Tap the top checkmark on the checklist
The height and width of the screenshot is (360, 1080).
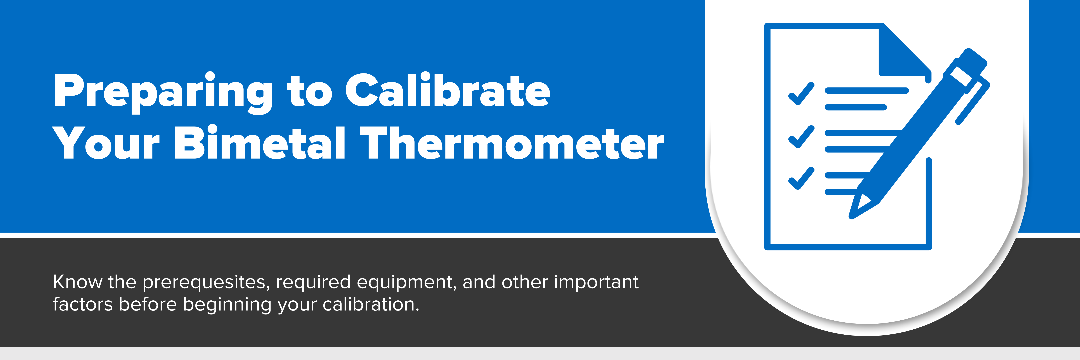coord(801,93)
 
